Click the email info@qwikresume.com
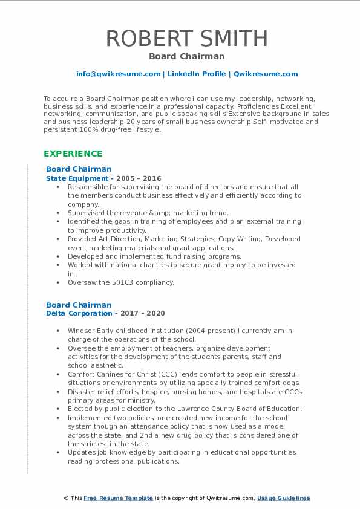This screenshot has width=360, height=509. click(118, 74)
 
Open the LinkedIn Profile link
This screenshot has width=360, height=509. click(197, 74)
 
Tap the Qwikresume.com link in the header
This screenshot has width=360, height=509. click(266, 74)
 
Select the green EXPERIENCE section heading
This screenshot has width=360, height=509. click(73, 154)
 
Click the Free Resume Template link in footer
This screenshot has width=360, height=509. click(118, 498)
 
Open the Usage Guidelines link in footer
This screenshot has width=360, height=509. click(283, 498)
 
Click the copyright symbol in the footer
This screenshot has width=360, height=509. click(67, 498)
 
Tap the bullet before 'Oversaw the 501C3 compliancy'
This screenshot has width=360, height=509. click(57, 282)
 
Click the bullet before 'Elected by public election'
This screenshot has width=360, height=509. click(57, 409)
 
